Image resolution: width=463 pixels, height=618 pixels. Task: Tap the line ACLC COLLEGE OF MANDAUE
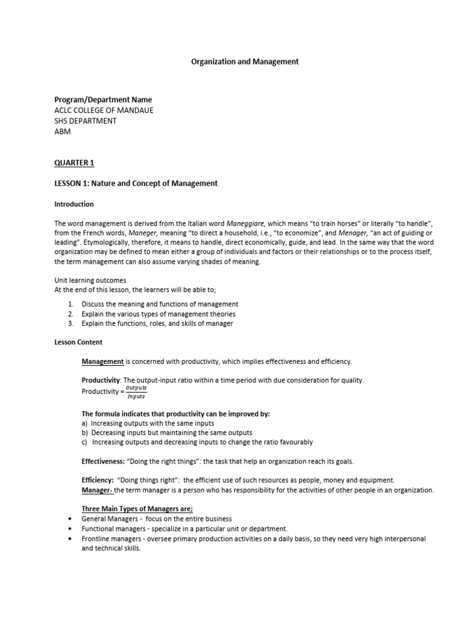click(x=103, y=110)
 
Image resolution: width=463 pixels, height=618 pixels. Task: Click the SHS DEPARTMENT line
click(x=86, y=121)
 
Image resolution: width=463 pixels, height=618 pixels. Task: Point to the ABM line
click(x=63, y=132)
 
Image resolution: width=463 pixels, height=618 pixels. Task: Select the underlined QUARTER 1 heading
click(x=74, y=163)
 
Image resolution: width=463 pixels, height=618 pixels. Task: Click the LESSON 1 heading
click(x=136, y=183)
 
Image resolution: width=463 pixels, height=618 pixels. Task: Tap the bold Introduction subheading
click(x=74, y=204)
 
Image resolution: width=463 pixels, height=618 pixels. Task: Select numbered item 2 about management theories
click(x=159, y=314)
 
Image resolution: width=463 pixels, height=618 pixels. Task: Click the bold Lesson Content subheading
click(x=78, y=342)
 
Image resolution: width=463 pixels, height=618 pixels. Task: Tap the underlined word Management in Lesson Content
click(x=102, y=362)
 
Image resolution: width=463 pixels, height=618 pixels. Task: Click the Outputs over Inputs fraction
click(x=136, y=392)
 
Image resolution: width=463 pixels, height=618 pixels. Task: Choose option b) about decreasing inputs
click(x=167, y=433)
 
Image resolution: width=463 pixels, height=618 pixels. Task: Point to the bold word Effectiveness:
click(x=103, y=461)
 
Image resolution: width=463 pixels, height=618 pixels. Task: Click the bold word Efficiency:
click(x=98, y=480)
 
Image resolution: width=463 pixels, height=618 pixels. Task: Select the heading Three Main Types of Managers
click(x=137, y=509)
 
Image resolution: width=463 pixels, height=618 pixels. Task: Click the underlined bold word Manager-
click(x=97, y=490)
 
